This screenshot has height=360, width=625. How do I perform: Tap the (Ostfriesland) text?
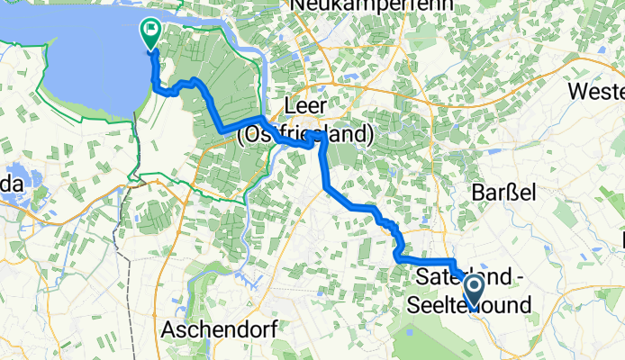pos(305,135)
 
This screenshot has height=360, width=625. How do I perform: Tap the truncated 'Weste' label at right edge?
pos(597,92)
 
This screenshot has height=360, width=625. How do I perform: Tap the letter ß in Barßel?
pos(503,193)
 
